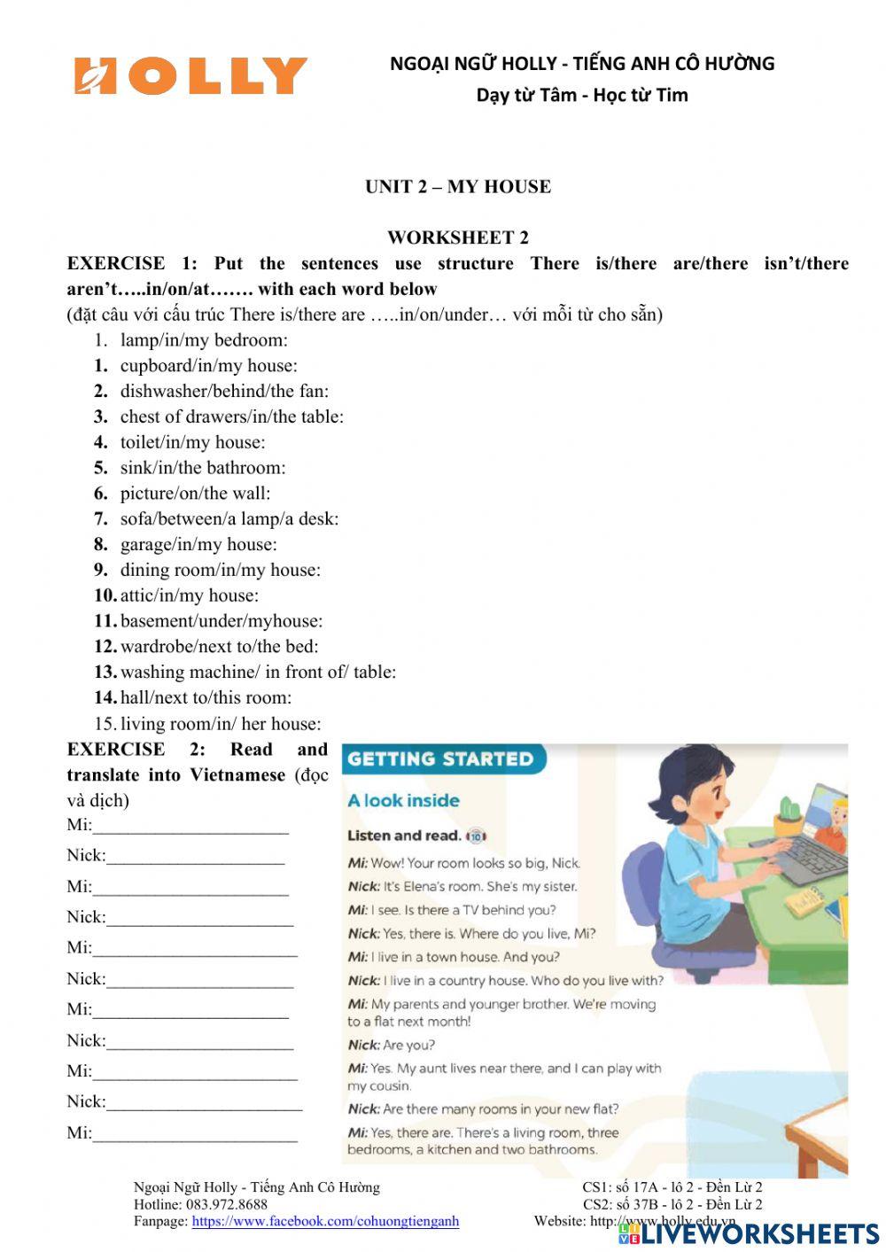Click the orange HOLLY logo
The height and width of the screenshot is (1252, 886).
190,76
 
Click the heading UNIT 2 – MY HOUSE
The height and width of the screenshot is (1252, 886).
457,186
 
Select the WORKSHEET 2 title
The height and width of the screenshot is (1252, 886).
457,237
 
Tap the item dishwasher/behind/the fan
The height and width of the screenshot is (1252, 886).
223,391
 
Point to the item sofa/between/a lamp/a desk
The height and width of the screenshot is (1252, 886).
229,518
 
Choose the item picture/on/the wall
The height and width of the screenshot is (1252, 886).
195,494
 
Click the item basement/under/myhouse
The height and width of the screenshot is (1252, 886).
221,621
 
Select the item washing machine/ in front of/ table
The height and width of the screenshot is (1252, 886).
258,672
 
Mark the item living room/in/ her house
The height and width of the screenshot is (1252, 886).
221,723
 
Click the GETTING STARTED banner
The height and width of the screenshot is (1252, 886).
440,759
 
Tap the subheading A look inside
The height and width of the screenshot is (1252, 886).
403,801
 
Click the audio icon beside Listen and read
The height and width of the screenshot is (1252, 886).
476,836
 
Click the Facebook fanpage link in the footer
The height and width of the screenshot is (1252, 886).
325,1221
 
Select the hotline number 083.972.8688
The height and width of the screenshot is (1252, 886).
226,1204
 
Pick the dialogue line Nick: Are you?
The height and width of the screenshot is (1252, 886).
392,1046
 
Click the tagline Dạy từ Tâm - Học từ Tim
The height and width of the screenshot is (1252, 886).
582,95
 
